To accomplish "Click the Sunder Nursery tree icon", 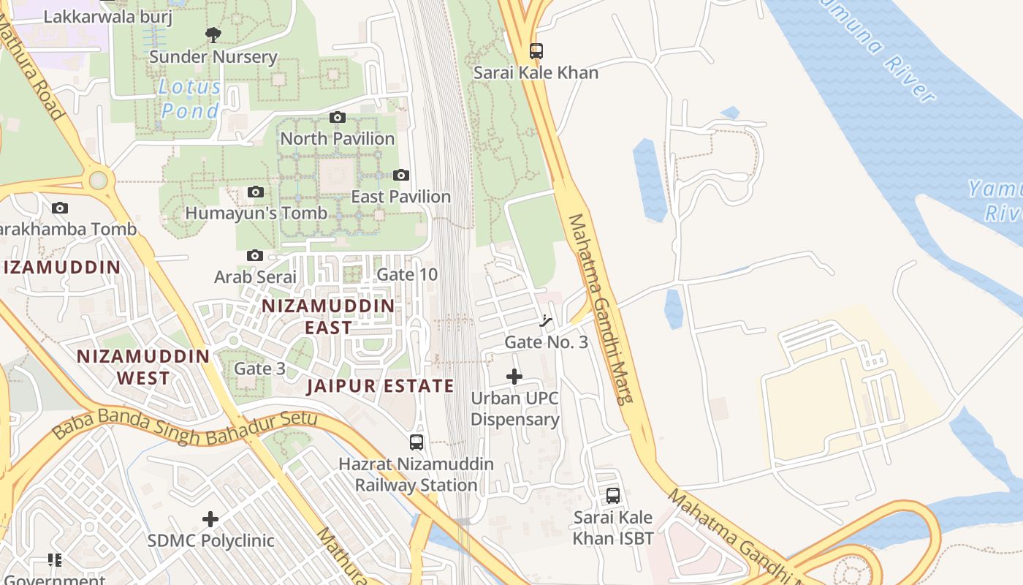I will (213, 34).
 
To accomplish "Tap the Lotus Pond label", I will (190, 99).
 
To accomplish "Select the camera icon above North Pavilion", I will (337, 117).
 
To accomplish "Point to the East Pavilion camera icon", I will (400, 175).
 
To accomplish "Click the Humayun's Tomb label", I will (256, 214).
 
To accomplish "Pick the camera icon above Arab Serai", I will (255, 255).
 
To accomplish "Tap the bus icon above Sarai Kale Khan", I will (536, 51).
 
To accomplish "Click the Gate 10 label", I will (407, 275).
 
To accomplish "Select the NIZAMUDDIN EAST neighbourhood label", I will (328, 316).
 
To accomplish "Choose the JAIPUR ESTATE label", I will (380, 386).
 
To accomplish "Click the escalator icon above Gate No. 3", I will (545, 320).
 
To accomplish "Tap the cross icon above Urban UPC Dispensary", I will (514, 377).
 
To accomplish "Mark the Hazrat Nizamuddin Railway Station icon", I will (417, 442).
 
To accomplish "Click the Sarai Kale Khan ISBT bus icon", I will (613, 496).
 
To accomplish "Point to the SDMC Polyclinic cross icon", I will (210, 519).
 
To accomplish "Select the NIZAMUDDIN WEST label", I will (144, 367).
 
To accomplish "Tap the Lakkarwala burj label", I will (108, 16).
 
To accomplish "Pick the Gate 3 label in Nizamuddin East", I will (259, 369).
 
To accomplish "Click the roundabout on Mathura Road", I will (98, 180).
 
